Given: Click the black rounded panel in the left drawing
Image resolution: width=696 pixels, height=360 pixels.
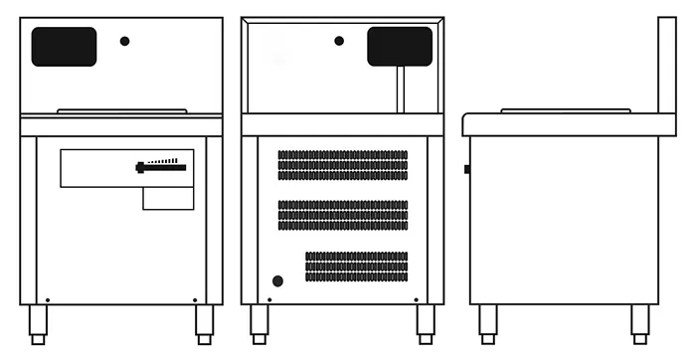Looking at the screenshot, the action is [x=64, y=47].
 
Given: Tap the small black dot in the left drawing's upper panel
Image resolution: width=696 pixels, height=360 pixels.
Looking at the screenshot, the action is [x=124, y=41].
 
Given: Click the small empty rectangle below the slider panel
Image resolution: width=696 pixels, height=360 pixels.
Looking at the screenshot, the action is [x=168, y=199].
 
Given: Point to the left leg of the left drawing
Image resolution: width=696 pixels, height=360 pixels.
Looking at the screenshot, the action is [x=38, y=323].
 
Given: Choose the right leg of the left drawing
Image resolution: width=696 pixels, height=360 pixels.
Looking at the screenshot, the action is [x=204, y=323].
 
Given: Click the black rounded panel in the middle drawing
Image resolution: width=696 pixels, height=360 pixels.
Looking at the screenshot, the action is [x=400, y=47].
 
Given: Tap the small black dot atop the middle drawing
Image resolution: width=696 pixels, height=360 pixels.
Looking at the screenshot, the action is [x=339, y=41].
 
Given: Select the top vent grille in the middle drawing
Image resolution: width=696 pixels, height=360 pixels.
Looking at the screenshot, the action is [x=342, y=165].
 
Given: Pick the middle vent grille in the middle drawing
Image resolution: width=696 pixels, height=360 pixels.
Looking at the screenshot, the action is [x=342, y=215].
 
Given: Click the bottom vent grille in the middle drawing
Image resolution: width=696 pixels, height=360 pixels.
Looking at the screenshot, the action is [x=356, y=266].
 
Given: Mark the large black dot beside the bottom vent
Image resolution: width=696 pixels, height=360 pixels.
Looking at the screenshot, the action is [x=277, y=281].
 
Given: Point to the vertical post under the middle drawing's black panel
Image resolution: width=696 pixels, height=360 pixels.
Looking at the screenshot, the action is [x=401, y=90].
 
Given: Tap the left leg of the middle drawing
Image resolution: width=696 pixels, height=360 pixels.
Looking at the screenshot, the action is [x=259, y=323].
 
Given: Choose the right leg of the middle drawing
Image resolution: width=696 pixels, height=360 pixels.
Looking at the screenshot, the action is [x=426, y=323].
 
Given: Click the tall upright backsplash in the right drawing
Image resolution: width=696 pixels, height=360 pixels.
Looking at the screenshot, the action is [x=667, y=66].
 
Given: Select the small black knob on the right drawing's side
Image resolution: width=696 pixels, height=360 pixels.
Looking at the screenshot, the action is [x=466, y=169].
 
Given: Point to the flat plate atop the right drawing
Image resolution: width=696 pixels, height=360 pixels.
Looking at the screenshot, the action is [x=565, y=109].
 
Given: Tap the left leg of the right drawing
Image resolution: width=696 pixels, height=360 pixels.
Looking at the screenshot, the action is [x=487, y=323].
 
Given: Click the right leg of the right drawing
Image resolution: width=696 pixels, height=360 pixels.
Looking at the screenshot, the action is [x=640, y=323].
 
